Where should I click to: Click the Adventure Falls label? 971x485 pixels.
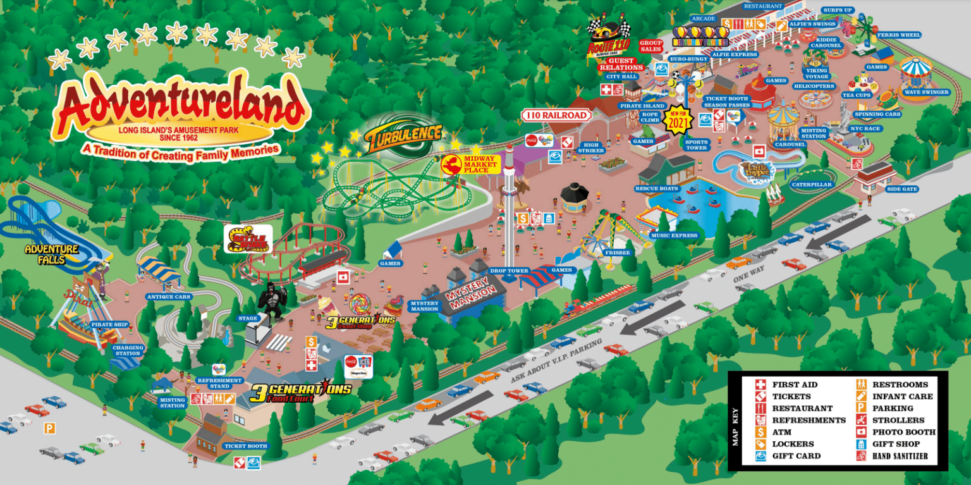(51, 254)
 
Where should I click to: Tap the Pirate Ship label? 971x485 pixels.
(109, 324)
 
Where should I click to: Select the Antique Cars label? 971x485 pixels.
(168, 297)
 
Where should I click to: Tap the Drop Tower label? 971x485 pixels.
(509, 271)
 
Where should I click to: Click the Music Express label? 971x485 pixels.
(675, 235)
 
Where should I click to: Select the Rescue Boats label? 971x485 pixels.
(657, 188)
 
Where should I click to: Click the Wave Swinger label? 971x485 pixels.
(926, 92)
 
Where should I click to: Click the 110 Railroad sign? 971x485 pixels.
(556, 115)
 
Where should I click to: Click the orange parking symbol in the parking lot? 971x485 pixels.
(49, 428)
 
